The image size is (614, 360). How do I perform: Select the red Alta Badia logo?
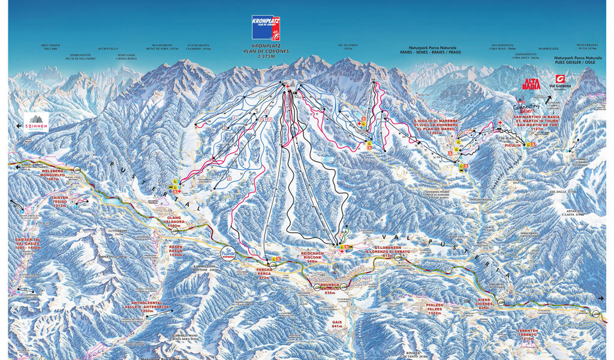click(531, 83)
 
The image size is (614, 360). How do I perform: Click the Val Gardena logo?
click(561, 82)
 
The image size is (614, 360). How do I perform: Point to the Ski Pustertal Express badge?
click(228, 253)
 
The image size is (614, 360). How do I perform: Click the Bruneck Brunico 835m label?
click(330, 288)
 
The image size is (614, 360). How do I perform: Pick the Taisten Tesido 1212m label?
click(67, 201)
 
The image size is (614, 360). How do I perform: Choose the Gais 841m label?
click(336, 323)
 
